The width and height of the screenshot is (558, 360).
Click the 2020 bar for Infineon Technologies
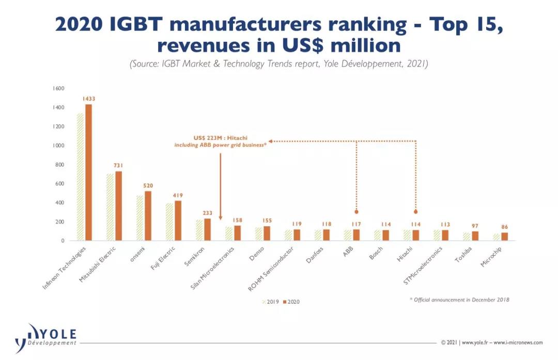coord(88,173)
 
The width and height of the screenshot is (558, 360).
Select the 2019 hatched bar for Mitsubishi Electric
coord(110,207)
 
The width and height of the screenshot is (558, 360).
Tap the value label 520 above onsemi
coord(148,185)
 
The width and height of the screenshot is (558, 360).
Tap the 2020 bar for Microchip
coord(505,237)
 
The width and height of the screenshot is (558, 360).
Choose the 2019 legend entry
coord(271,302)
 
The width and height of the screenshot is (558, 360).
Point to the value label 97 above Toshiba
coord(475,226)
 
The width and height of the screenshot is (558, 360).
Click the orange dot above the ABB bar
coord(357,212)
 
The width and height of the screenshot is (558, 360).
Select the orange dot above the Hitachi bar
coord(416,212)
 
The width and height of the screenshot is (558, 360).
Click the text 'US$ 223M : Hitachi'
coord(221,138)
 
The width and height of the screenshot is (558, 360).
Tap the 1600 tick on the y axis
coord(57,88)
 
